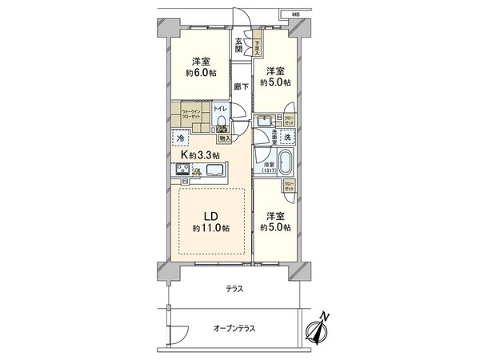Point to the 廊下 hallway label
pyautogui.click(x=239, y=86)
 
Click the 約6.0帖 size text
pyautogui.click(x=200, y=74)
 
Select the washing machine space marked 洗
pyautogui.click(x=289, y=138)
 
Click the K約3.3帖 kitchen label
pyautogui.click(x=200, y=154)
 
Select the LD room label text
pyautogui.click(x=210, y=216)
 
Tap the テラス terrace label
pyautogui.click(x=234, y=289)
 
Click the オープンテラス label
pyautogui.click(x=234, y=328)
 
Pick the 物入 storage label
pyautogui.click(x=225, y=138)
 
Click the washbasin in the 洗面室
pyautogui.click(x=265, y=122)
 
